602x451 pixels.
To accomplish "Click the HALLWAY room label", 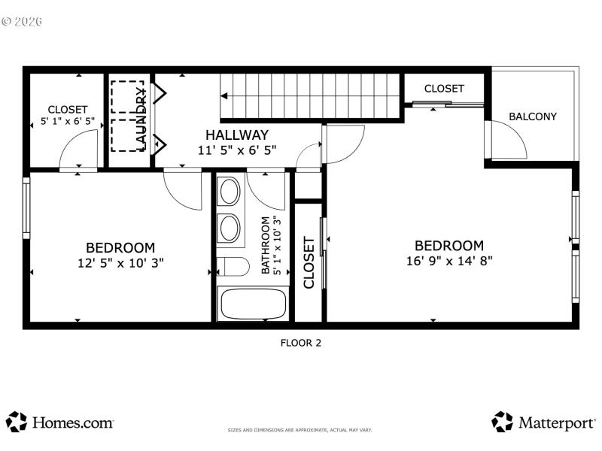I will click(237, 135).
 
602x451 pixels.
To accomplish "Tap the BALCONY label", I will click(533, 117).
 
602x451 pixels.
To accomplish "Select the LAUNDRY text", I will click(141, 118).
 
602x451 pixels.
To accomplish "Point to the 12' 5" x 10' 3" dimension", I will click(120, 262).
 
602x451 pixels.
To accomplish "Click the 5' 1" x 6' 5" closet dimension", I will click(68, 121).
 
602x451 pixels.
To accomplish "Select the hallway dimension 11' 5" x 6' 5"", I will click(237, 150).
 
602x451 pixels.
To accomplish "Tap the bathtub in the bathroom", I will click(252, 304).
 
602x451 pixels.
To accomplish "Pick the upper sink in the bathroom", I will click(230, 192).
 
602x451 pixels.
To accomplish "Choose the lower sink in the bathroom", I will click(230, 228).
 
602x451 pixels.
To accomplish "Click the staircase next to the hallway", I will click(309, 95).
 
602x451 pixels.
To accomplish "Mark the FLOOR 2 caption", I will click(301, 343).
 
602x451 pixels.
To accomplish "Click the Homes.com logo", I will click(60, 422).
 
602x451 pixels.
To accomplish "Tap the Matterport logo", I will click(543, 422).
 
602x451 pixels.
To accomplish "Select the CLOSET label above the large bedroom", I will click(444, 89).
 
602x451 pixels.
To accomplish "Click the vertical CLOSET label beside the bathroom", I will click(309, 262).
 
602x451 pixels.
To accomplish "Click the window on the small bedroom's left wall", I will click(26, 208).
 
